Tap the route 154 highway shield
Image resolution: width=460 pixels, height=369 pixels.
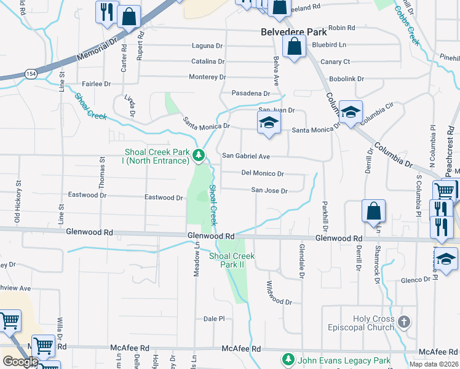(31, 74)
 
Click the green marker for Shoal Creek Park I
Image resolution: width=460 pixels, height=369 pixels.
(199, 156)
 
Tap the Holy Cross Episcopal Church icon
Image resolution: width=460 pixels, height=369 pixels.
(403, 322)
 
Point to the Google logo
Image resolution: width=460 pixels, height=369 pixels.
(20, 362)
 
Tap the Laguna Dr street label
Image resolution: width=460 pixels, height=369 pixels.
(207, 46)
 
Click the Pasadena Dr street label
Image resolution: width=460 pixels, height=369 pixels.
(250, 93)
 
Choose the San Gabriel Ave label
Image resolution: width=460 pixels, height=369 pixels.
(246, 156)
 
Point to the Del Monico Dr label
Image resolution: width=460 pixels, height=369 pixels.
(263, 173)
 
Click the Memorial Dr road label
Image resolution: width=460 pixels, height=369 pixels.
(97, 51)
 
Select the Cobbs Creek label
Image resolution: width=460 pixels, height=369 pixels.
(407, 26)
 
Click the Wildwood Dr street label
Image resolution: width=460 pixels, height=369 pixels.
(279, 293)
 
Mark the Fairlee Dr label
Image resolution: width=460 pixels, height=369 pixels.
(96, 84)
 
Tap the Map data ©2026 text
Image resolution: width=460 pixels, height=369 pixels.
(434, 364)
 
